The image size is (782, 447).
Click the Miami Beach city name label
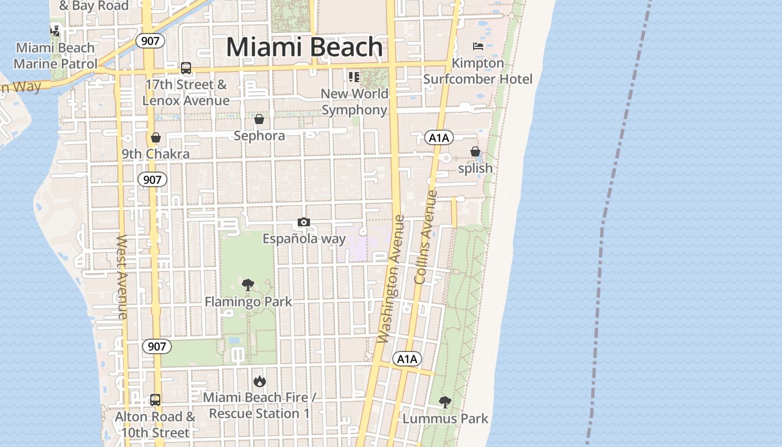pos(304,47)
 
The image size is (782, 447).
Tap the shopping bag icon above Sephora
pos(259,119)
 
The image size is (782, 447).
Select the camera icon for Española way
pos(304,222)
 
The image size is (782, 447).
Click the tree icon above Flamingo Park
pos(248,285)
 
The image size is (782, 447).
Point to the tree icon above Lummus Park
pos(445,402)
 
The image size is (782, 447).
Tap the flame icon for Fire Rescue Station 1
pos(260,382)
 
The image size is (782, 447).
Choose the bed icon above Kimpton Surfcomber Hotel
pos(478,46)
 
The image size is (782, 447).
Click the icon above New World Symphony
pos(354,77)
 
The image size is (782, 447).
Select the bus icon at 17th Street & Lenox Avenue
pos(186,68)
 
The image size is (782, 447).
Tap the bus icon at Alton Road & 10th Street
pos(155,400)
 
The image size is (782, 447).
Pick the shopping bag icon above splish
pos(475,151)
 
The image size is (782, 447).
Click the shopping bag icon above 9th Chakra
pos(156,137)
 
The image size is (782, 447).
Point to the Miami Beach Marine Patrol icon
pos(55,30)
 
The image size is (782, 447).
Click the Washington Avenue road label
pos(390,279)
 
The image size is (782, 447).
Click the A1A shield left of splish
pos(438,137)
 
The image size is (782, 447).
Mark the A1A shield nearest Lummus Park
pos(407,359)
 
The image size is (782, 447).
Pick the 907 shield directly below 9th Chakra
pos(152,179)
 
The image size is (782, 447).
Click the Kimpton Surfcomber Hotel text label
pos(478,71)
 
